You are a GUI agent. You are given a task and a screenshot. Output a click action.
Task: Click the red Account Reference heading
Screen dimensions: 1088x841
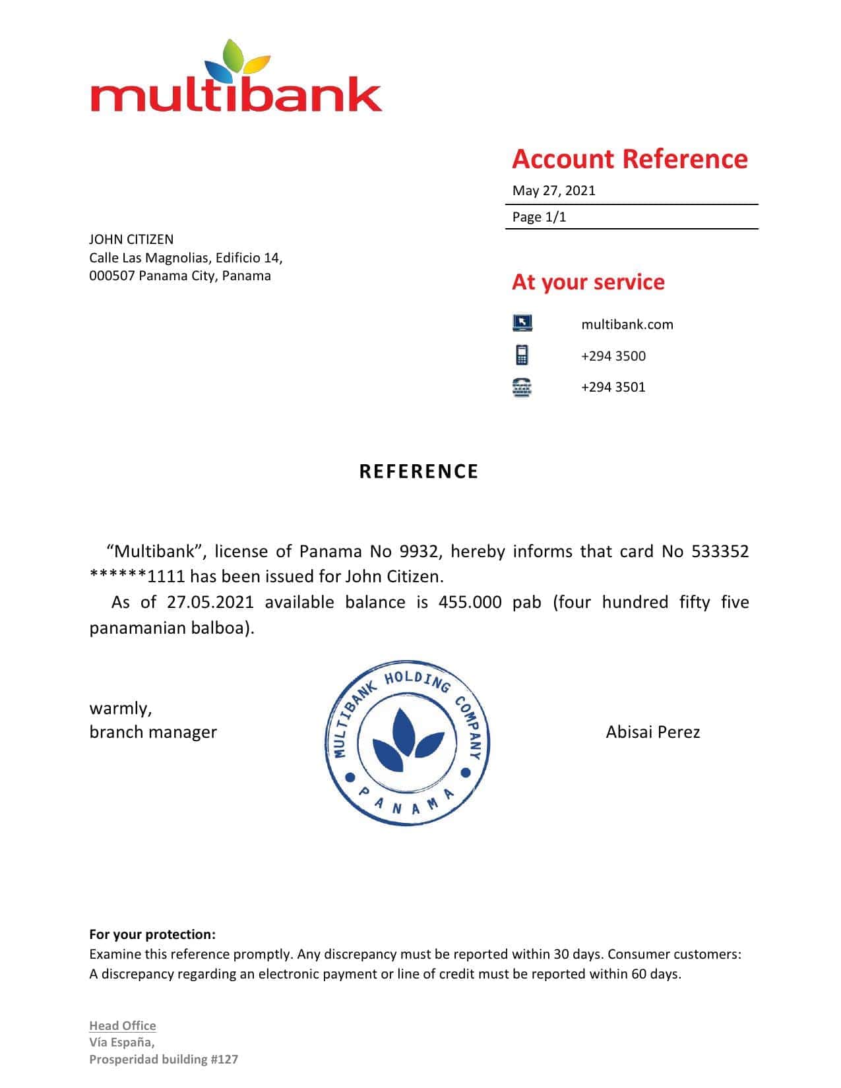630,160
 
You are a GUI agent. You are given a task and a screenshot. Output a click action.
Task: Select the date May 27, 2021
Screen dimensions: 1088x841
554,191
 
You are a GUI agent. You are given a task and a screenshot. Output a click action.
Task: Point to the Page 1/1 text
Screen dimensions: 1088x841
540,217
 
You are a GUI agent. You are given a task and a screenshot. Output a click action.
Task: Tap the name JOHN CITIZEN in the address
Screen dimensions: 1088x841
131,239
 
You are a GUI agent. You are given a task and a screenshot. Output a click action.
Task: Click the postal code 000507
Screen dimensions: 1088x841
111,276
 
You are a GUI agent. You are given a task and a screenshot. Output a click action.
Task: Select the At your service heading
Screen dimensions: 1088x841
588,282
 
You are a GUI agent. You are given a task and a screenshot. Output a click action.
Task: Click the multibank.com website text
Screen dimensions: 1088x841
627,324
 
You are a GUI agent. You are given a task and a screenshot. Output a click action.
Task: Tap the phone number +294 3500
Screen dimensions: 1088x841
613,356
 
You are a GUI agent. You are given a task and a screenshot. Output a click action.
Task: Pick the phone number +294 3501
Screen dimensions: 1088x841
613,387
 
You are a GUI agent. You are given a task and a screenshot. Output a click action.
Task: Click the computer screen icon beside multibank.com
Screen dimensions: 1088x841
522,323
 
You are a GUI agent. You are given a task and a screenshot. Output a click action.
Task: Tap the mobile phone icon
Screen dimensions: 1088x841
522,355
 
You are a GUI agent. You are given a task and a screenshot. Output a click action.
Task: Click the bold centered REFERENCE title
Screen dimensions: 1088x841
419,471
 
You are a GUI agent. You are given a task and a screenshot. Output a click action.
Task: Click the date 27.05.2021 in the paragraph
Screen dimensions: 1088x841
210,602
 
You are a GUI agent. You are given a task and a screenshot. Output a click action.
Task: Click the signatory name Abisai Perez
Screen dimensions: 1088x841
653,732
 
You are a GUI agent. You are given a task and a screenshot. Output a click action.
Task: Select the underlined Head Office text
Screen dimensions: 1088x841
123,1025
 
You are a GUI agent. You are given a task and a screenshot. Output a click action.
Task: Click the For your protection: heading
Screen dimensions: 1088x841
152,934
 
